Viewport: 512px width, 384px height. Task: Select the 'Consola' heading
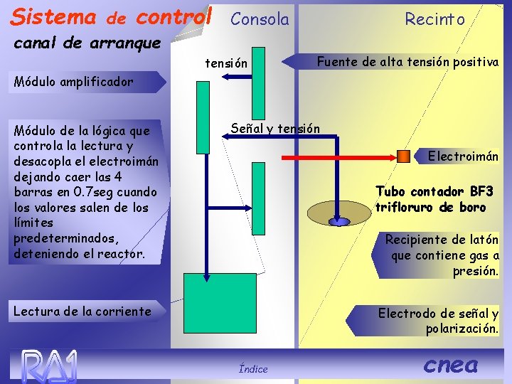260,19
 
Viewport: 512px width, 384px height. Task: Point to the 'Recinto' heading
434,19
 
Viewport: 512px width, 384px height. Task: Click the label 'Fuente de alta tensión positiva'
407,62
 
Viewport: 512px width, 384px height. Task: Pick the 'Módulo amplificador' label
73,81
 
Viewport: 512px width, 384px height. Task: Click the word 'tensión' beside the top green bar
226,64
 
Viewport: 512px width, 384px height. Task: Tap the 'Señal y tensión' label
275,128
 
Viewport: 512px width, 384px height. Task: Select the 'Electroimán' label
462,156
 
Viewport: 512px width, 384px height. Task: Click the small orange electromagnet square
403,156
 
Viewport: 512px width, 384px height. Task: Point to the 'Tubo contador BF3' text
434,191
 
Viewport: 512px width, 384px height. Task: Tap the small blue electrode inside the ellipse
340,222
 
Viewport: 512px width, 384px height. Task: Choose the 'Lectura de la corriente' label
82,311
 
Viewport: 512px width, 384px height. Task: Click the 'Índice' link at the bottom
253,368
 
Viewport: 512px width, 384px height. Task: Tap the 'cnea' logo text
450,365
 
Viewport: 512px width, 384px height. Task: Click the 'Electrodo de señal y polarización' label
438,321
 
